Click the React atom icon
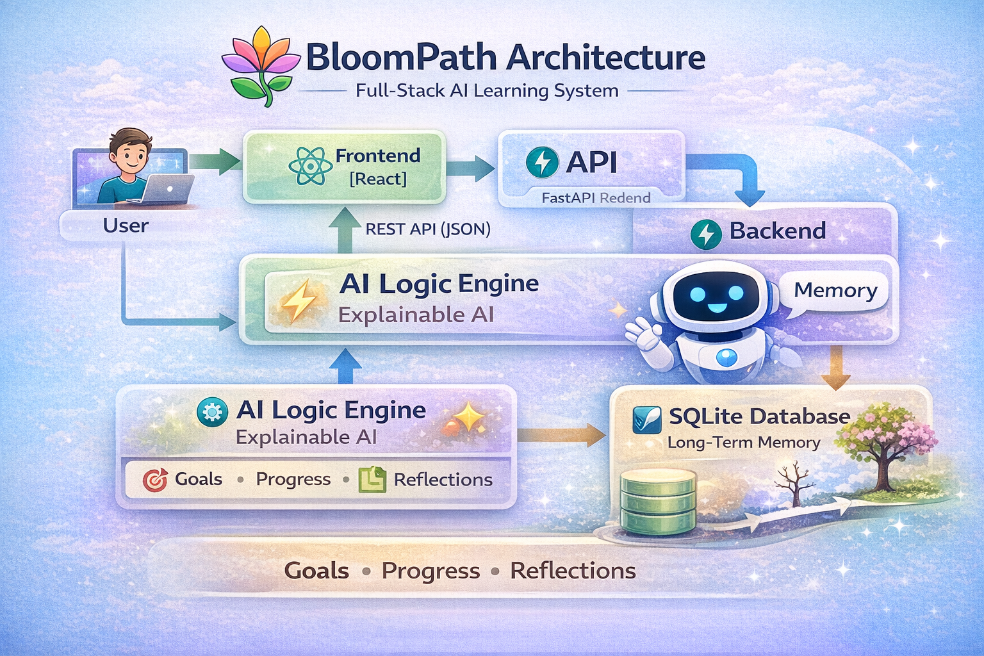point(310,167)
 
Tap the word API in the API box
point(591,162)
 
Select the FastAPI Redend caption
point(596,198)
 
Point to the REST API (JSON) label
point(428,229)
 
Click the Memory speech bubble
point(835,291)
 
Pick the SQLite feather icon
point(646,420)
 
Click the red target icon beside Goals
point(155,479)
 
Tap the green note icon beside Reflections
point(372,479)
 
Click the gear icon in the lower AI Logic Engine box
point(212,412)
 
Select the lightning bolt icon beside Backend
point(706,233)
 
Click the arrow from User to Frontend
point(215,161)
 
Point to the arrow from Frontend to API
point(471,168)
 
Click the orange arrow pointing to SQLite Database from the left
point(561,435)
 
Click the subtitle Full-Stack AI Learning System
point(487,91)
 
